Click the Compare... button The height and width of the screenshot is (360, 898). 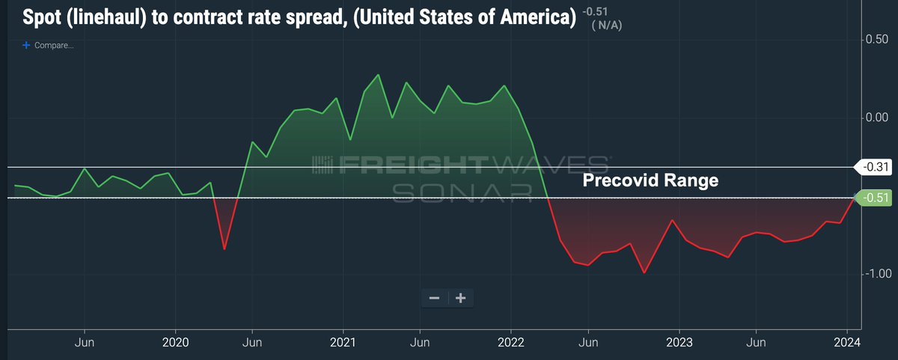pos(49,45)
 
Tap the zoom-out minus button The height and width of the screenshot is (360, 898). pos(434,298)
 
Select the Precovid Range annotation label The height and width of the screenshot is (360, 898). pos(650,180)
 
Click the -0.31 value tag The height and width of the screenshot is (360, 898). pos(875,168)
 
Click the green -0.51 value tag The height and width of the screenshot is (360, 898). pos(875,198)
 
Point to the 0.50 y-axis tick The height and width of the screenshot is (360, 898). pos(877,39)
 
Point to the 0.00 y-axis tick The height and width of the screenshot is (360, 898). pos(877,118)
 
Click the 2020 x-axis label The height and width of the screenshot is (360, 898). pos(175,341)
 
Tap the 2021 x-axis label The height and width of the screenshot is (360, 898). pos(343,341)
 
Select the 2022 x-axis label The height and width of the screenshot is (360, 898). pos(510,341)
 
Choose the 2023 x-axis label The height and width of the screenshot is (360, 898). pos(679,341)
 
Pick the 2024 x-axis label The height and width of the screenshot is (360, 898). pos(847,341)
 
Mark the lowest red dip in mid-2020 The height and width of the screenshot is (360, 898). pos(224,248)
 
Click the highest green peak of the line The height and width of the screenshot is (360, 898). pos(378,75)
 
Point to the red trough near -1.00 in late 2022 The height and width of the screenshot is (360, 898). pos(644,272)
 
